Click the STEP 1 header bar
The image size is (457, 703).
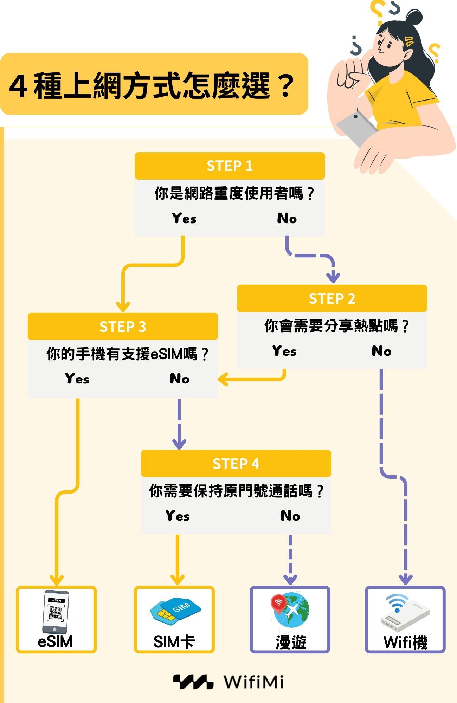tap(230, 166)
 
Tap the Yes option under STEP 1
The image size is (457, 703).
tap(184, 218)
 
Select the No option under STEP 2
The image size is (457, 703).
tap(381, 351)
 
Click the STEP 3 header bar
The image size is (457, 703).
tap(123, 327)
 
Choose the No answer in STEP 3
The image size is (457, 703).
tap(179, 379)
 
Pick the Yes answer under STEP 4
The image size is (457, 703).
tap(178, 516)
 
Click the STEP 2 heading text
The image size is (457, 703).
tap(332, 298)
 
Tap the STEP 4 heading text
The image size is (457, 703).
tap(236, 464)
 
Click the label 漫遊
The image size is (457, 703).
tap(291, 643)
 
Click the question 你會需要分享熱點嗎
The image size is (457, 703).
tap(336, 326)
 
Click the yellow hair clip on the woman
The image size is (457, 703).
tap(409, 41)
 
